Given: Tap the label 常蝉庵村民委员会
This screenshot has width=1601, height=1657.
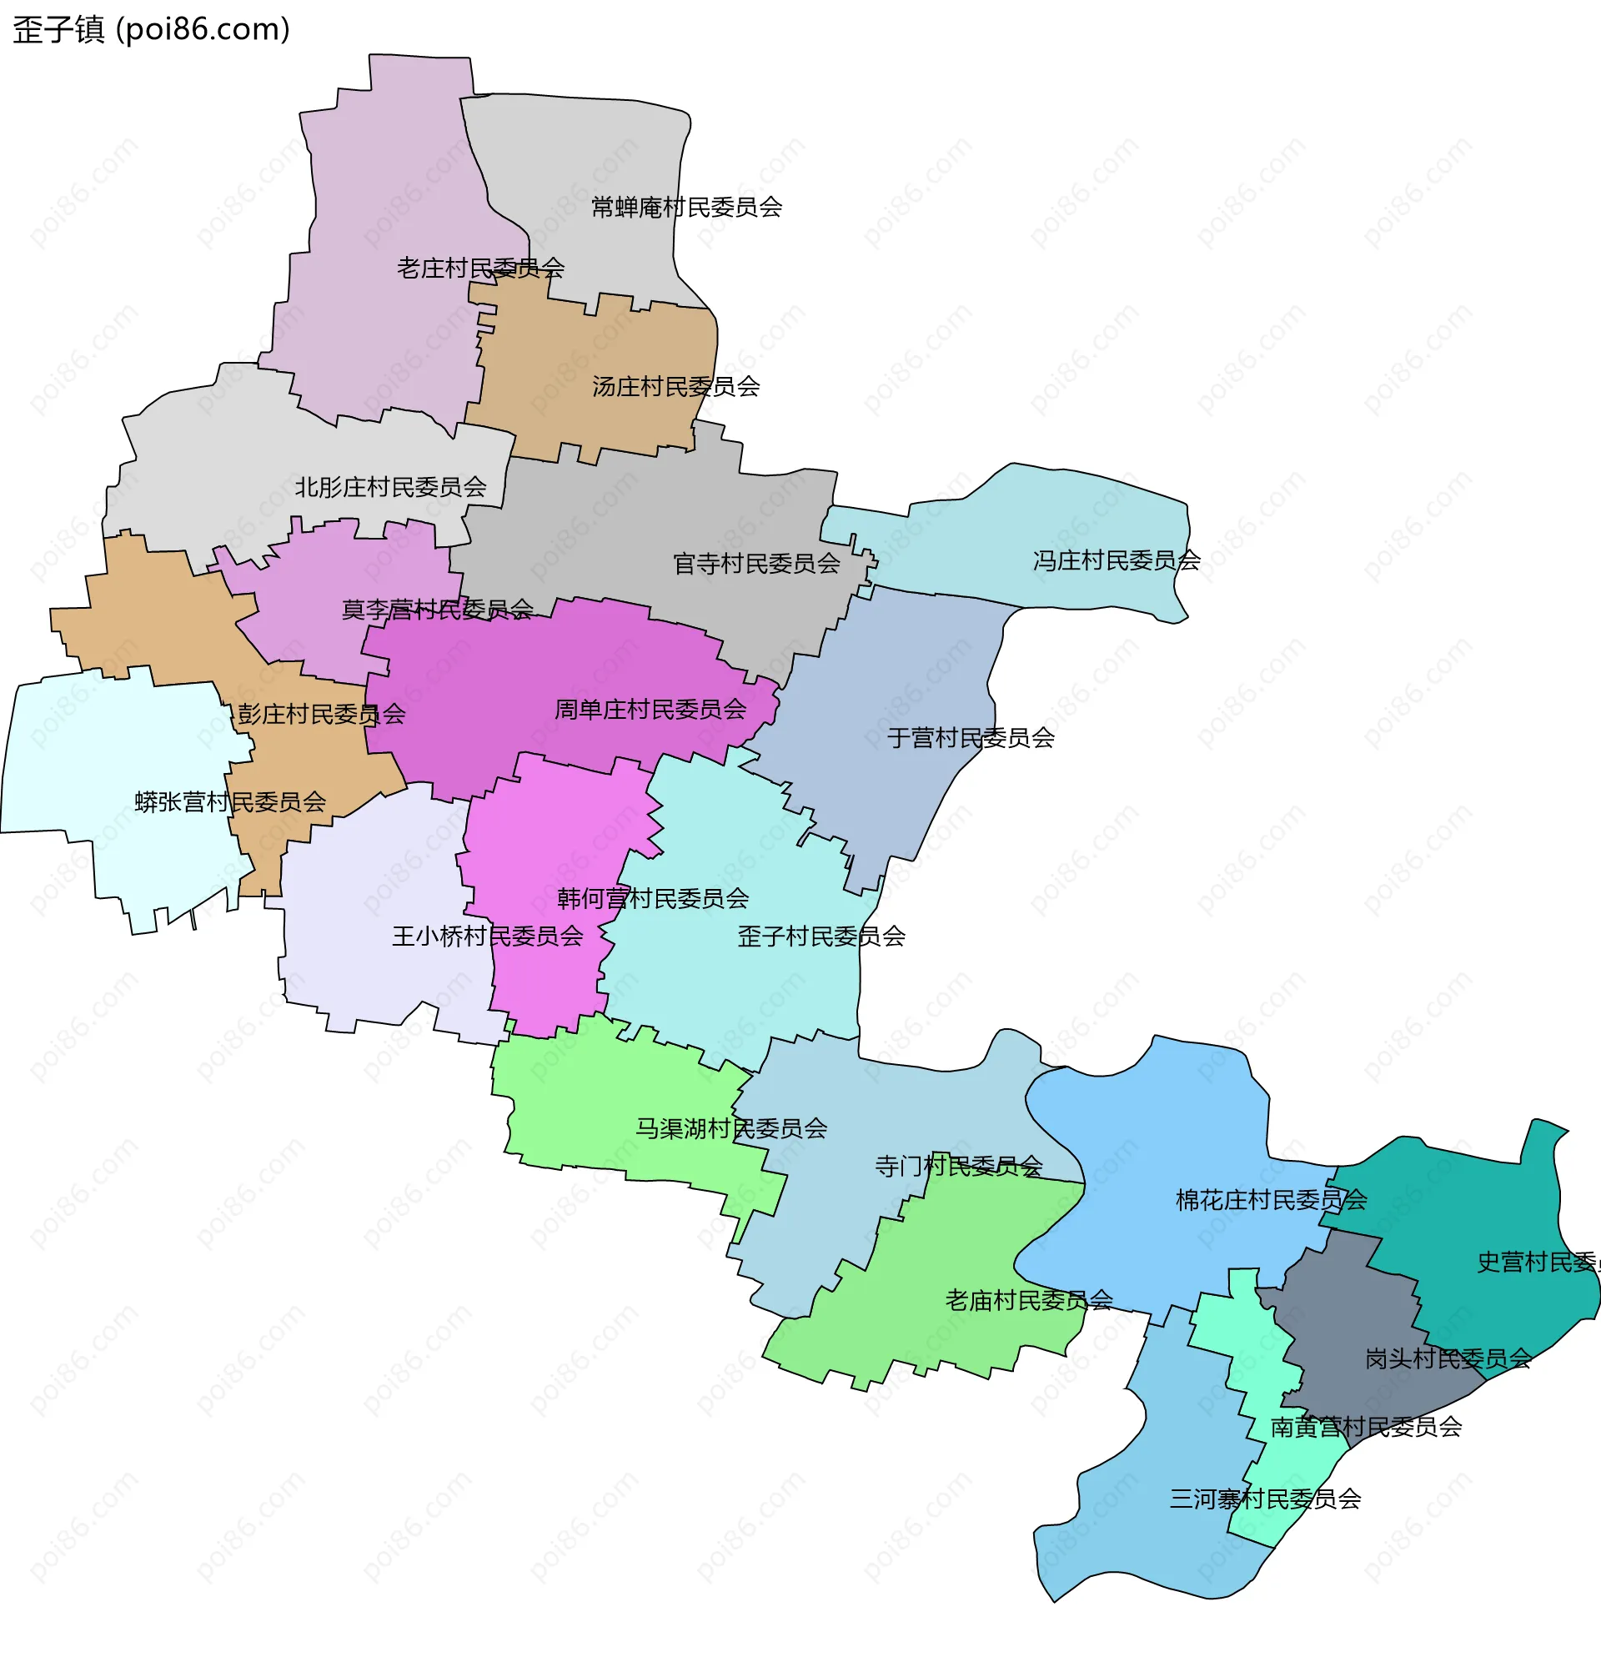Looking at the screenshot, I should pyautogui.click(x=685, y=207).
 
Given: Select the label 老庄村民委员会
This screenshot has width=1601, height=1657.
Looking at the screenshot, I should pyautogui.click(x=480, y=268).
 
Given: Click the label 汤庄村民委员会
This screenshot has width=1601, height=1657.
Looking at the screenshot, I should pyautogui.click(x=675, y=386).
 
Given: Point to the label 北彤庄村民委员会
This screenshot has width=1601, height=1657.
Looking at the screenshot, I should pyautogui.click(x=389, y=487).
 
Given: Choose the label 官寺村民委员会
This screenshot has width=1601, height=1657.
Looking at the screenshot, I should pyautogui.click(x=755, y=563).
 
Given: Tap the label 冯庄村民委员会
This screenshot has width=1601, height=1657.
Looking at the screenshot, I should pyautogui.click(x=1116, y=560).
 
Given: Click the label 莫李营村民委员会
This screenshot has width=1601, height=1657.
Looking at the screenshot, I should pyautogui.click(x=436, y=609).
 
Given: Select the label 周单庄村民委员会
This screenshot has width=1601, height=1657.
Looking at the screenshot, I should pyautogui.click(x=650, y=710).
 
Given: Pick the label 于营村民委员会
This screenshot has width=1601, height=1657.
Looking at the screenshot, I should pyautogui.click(x=971, y=738).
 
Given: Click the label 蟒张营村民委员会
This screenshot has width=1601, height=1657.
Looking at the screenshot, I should pyautogui.click(x=230, y=801).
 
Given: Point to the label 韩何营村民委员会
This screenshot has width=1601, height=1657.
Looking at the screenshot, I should pyautogui.click(x=653, y=898).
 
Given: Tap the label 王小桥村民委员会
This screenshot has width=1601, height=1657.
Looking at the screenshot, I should pyautogui.click(x=487, y=936).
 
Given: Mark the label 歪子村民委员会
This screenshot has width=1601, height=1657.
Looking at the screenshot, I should pyautogui.click(x=821, y=936).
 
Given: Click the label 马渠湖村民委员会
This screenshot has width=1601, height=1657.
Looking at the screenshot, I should pyautogui.click(x=730, y=1128).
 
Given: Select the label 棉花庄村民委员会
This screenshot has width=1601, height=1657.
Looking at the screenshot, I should pyautogui.click(x=1271, y=1200).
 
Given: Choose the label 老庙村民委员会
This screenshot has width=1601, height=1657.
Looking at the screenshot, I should pyautogui.click(x=1028, y=1300).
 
